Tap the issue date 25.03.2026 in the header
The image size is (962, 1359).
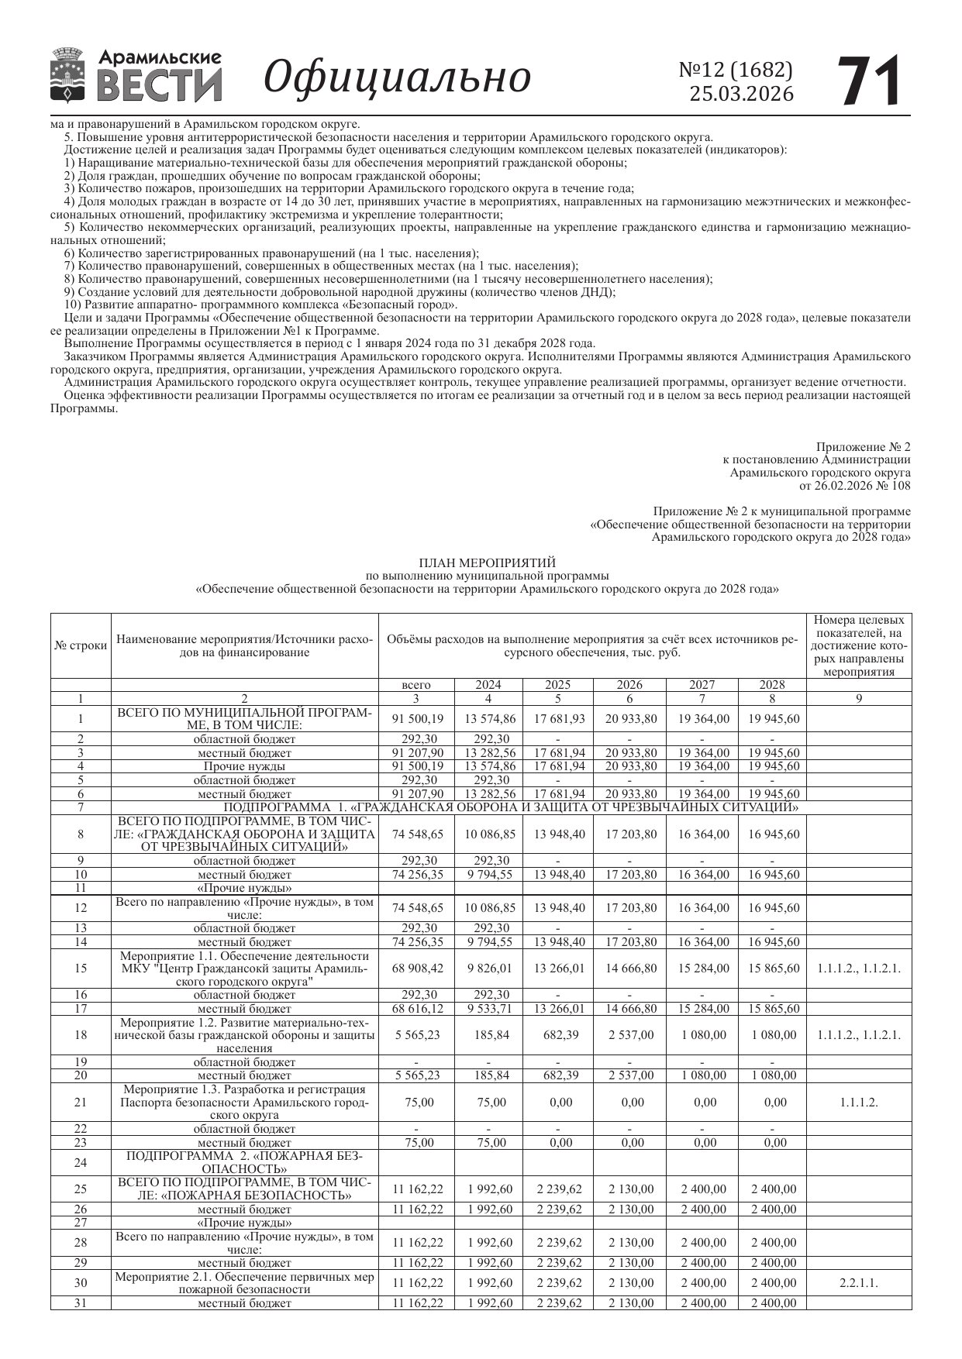coord(742,95)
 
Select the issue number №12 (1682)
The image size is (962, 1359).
coord(736,70)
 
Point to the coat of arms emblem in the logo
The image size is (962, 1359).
coord(68,75)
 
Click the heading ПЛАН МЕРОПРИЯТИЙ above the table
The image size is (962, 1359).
coord(487,563)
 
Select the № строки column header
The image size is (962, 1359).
coord(81,645)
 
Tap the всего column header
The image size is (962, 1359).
coord(416,685)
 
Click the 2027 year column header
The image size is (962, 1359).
coord(702,685)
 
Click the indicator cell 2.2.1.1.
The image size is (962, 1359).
coord(858,1283)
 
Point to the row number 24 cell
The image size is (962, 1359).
coord(81,1162)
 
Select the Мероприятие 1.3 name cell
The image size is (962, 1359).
coord(244,1103)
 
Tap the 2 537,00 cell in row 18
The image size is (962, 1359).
coord(631,1035)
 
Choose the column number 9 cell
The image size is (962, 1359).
coord(858,699)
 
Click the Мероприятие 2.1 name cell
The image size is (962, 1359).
coord(244,1283)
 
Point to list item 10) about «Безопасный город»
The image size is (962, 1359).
coord(260,304)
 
